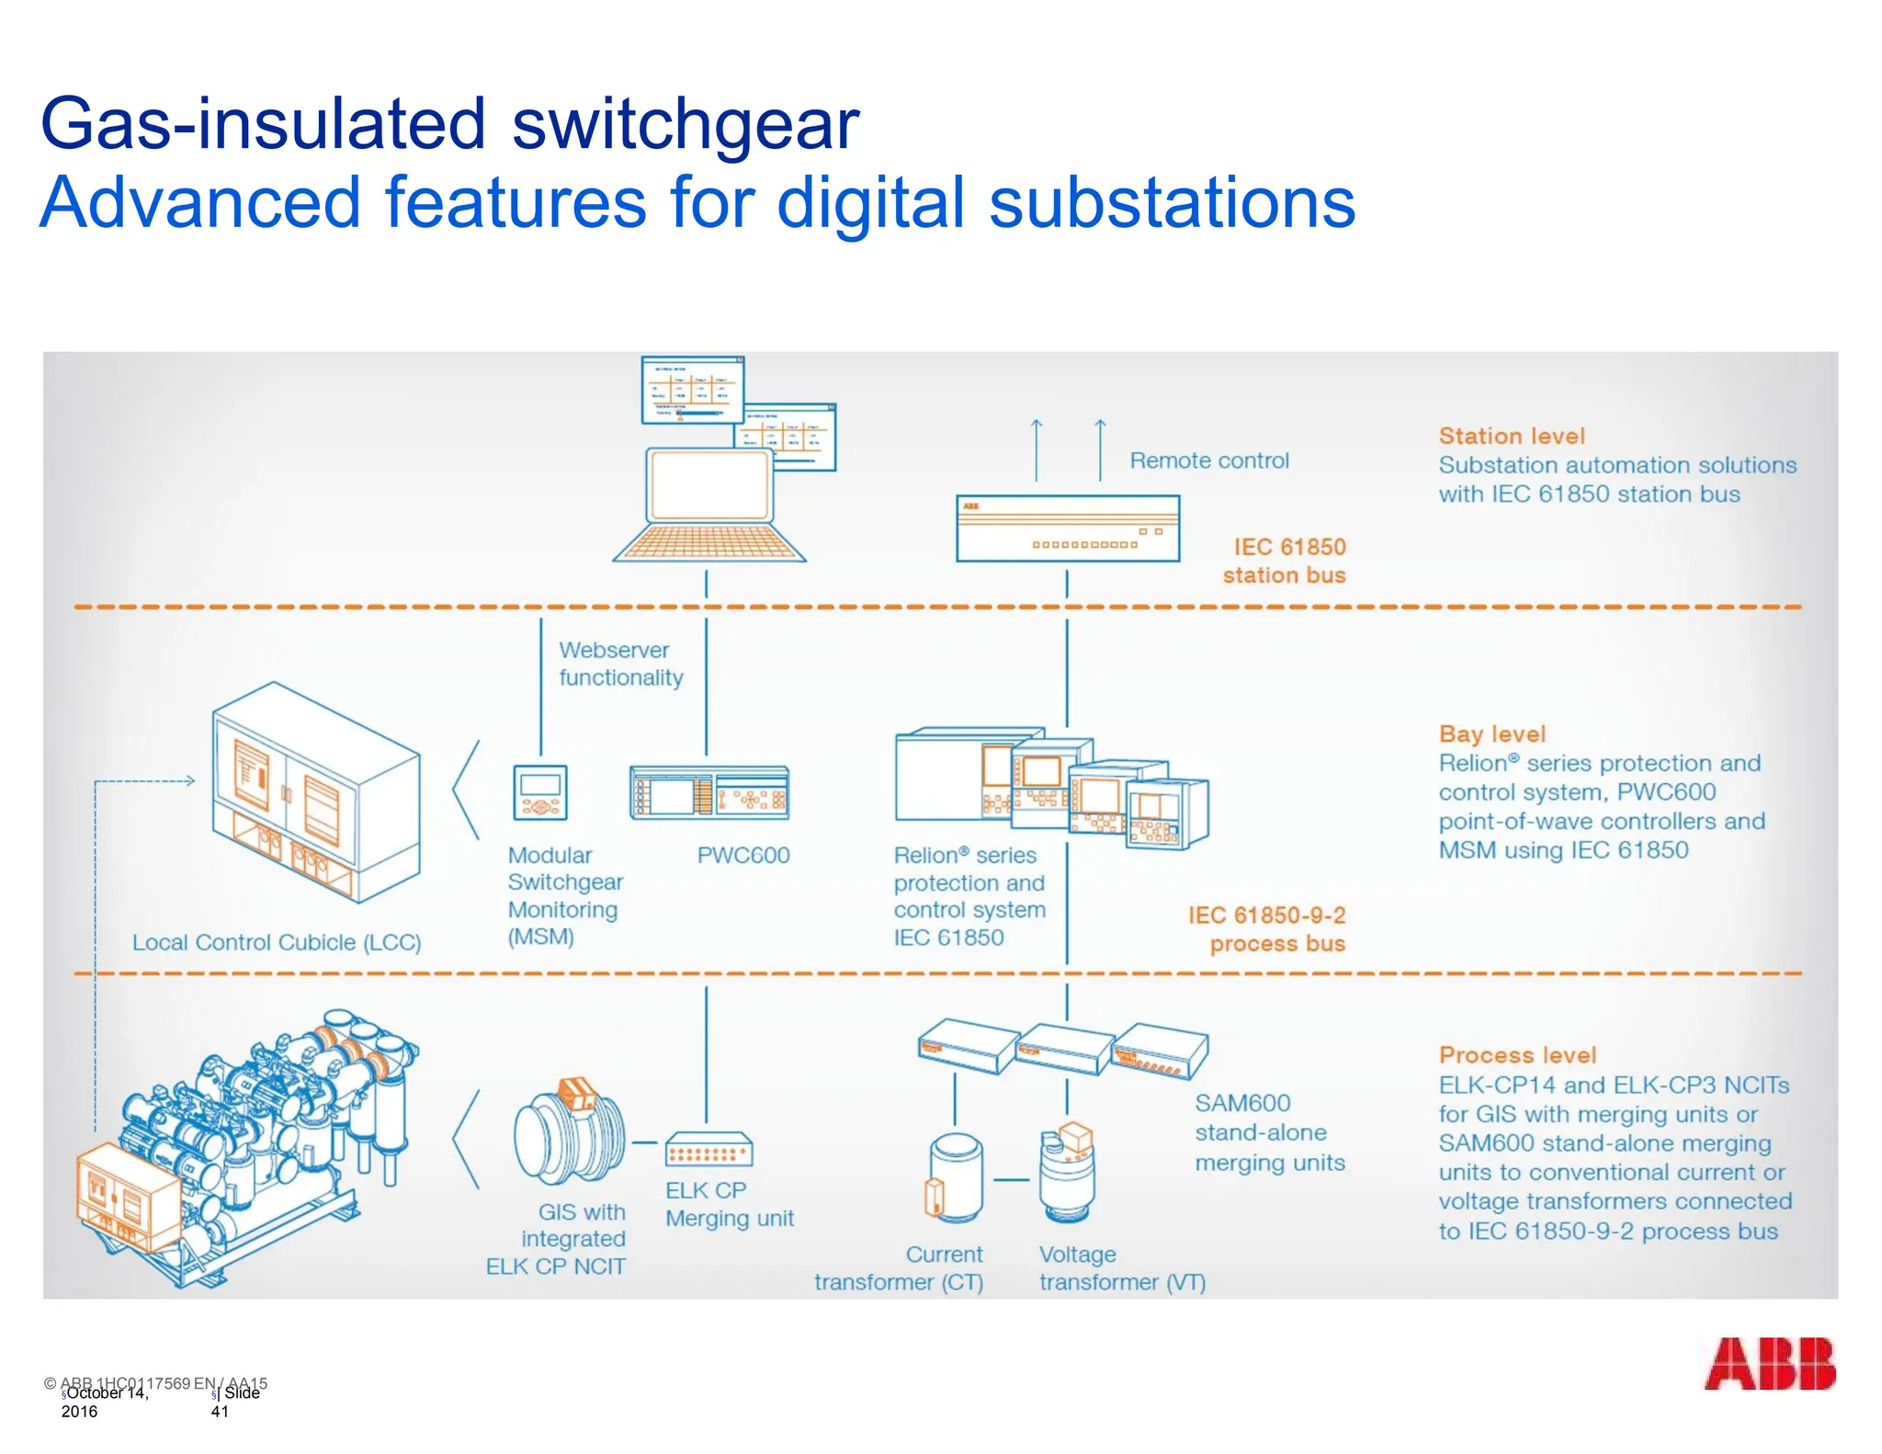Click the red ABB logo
click(x=1769, y=1363)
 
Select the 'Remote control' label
click(x=1208, y=460)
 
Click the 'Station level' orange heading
click(x=1512, y=436)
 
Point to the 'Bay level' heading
click(x=1491, y=733)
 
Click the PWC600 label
click(x=743, y=855)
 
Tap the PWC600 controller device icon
click(x=709, y=792)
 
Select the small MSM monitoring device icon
click(x=540, y=792)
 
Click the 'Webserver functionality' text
click(x=620, y=664)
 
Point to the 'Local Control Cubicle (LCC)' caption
click(x=277, y=942)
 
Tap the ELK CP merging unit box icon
click(x=709, y=1150)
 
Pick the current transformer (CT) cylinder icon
click(x=955, y=1178)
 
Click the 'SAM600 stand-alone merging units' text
click(x=1269, y=1132)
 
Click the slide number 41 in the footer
click(x=220, y=1412)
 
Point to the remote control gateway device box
click(x=1067, y=528)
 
